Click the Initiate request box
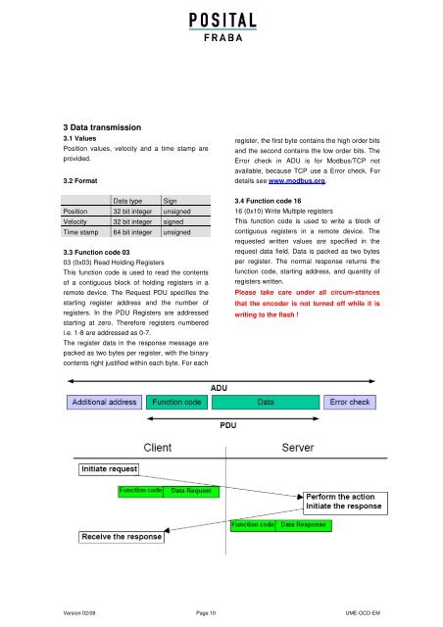tap(109, 469)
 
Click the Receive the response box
tap(122, 537)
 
